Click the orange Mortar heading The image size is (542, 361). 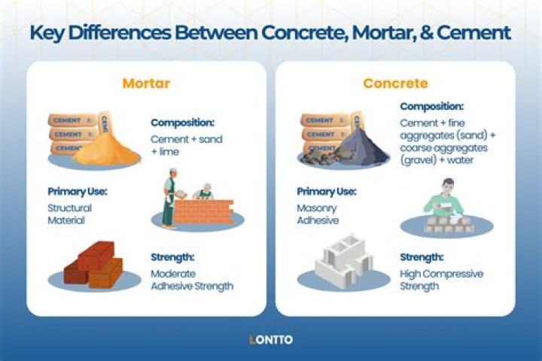pyautogui.click(x=146, y=83)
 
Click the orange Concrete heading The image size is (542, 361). pyautogui.click(x=395, y=83)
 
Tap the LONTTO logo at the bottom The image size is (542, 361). pyautogui.click(x=271, y=340)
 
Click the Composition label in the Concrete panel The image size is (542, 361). pyautogui.click(x=432, y=107)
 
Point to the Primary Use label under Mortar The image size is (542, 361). pyautogui.click(x=78, y=191)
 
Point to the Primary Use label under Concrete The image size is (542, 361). pyautogui.click(x=327, y=191)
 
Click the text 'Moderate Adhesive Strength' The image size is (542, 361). pyautogui.click(x=191, y=280)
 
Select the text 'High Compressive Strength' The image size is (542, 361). pyautogui.click(x=441, y=280)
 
